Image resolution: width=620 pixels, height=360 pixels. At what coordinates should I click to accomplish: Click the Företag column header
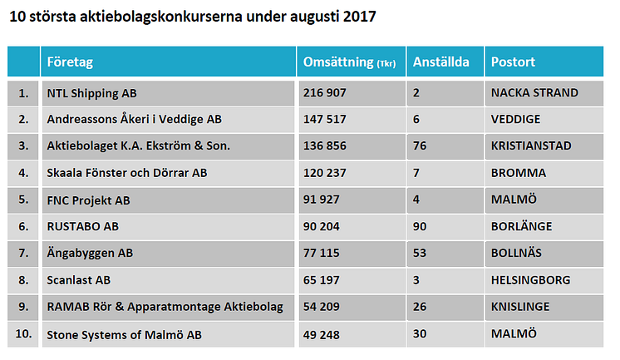(70, 62)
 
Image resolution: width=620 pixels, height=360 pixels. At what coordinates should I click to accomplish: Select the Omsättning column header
(337, 62)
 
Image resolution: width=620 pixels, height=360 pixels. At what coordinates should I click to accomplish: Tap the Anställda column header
(441, 62)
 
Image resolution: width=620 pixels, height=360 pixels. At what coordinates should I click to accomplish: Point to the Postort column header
(513, 62)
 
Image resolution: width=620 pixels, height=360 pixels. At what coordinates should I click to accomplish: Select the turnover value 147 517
(326, 119)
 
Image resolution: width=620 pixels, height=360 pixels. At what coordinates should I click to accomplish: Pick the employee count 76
(421, 145)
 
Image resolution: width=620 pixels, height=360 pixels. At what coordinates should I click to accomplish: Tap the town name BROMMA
(519, 173)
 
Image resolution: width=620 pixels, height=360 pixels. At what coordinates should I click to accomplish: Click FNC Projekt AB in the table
(88, 200)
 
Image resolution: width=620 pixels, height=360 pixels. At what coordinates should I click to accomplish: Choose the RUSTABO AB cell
(82, 226)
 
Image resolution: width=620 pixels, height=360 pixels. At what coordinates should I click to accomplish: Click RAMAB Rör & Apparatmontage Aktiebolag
(165, 307)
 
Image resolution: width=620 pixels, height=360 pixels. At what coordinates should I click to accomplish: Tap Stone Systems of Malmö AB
(123, 333)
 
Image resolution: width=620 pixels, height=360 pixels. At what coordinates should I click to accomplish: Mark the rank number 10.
(23, 333)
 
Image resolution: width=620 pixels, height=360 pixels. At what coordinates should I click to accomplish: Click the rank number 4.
(23, 173)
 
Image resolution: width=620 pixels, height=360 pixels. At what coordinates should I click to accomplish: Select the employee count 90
(421, 226)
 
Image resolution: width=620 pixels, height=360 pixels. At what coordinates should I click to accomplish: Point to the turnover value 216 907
(326, 92)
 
